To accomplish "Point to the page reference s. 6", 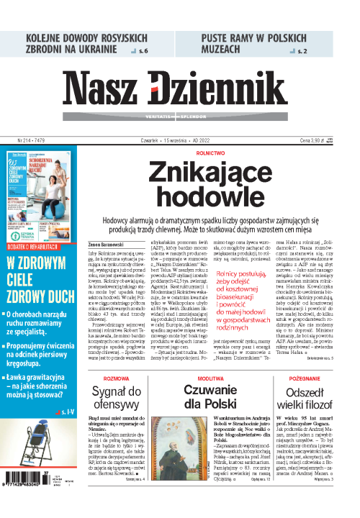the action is tap(143, 51).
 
